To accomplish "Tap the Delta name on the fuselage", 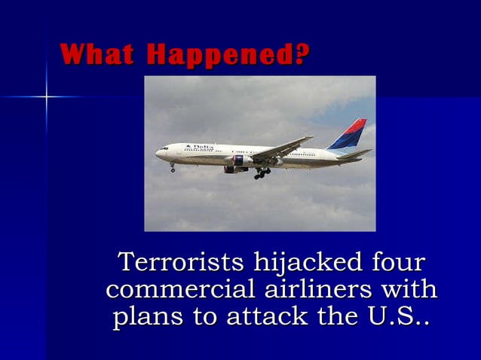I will click(x=203, y=146).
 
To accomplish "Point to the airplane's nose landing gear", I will click(x=172, y=167).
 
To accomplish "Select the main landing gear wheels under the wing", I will click(x=262, y=174).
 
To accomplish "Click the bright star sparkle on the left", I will click(x=46, y=96).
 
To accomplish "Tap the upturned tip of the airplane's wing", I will click(x=309, y=138).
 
